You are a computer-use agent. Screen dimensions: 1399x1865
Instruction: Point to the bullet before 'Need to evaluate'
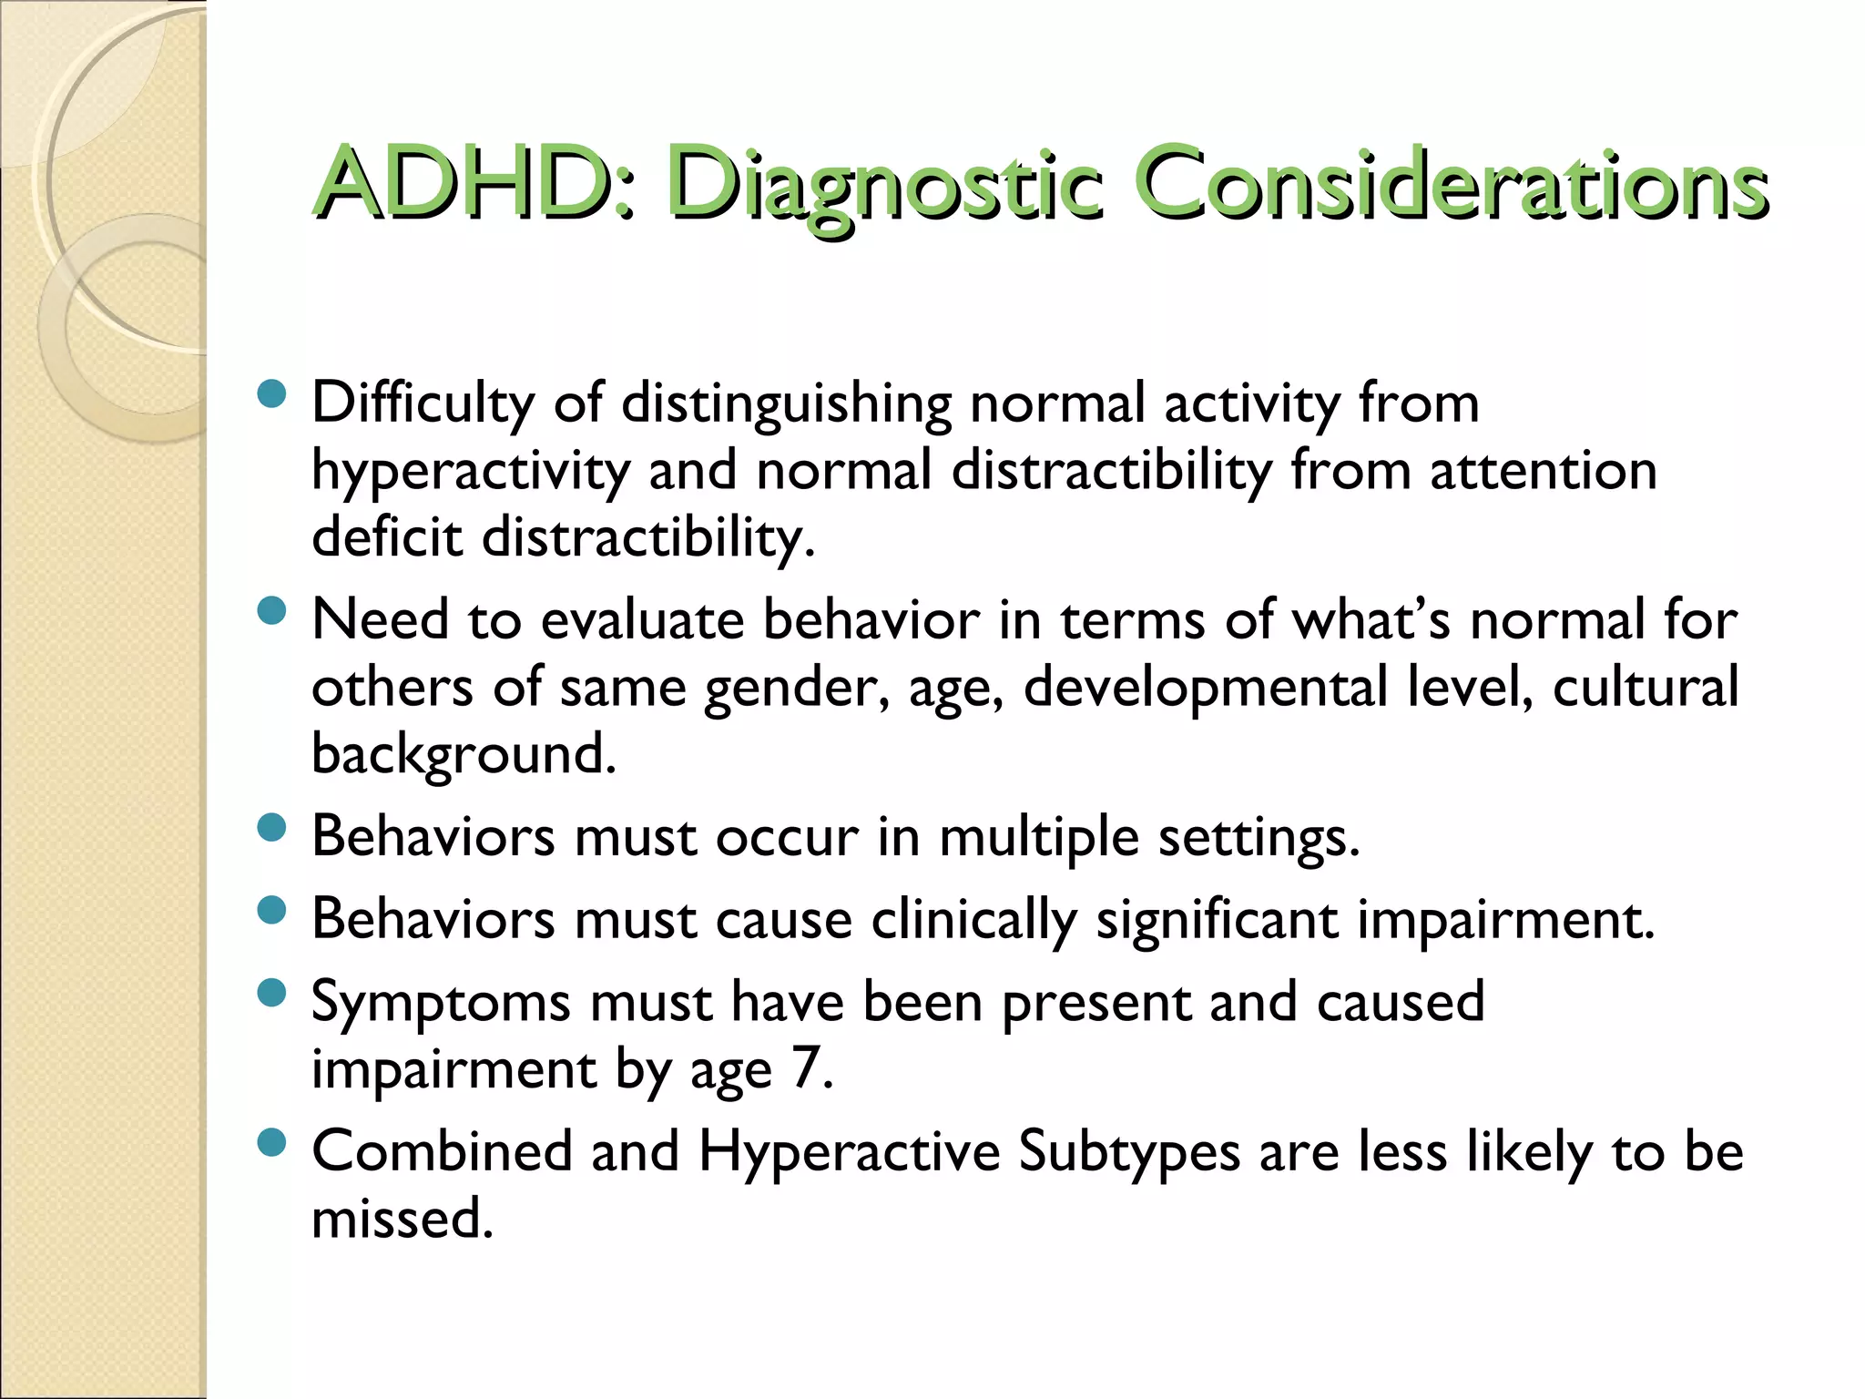(x=271, y=611)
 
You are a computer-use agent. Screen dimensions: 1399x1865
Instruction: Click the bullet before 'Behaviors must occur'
(x=271, y=828)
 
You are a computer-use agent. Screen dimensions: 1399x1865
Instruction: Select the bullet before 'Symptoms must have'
(x=271, y=993)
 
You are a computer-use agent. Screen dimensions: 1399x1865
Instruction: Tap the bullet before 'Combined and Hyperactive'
(x=271, y=1142)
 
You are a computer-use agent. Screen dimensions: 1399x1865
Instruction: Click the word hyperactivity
(x=471, y=472)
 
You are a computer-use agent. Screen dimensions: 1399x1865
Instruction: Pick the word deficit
(x=387, y=537)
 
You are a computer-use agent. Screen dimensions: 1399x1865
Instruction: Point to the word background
(x=464, y=754)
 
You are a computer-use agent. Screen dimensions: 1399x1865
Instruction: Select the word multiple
(x=1038, y=837)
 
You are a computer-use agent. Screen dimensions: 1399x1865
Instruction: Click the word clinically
(x=973, y=920)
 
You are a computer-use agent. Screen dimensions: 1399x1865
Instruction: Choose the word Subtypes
(x=1128, y=1152)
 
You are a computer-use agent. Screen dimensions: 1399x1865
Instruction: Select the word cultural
(x=1645, y=687)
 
